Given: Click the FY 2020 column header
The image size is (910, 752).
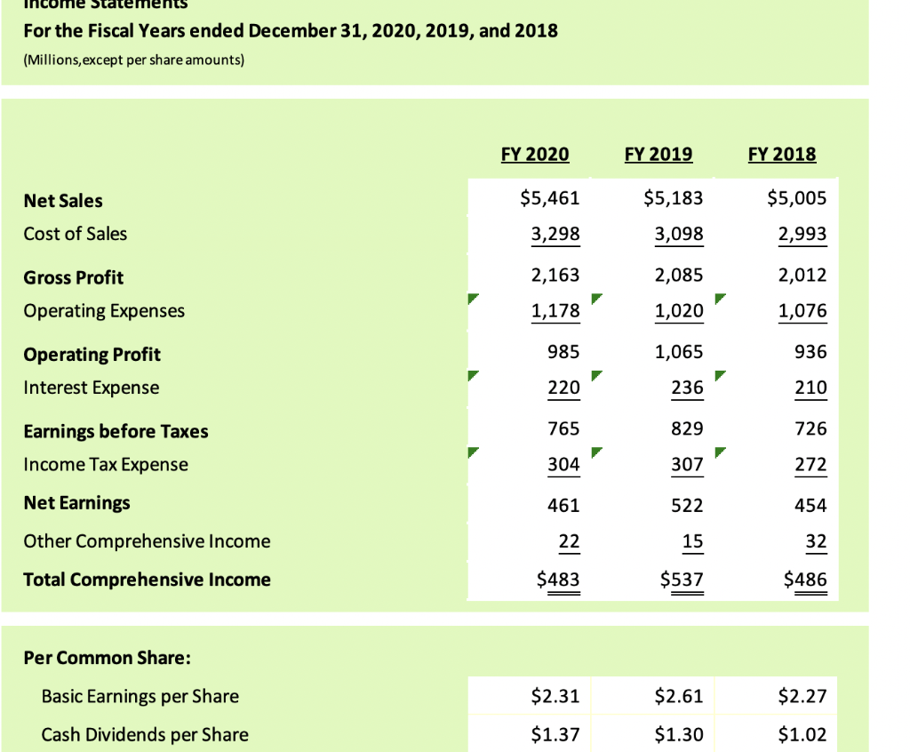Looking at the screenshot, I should [535, 154].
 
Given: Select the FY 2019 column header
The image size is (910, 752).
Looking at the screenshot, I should [659, 154].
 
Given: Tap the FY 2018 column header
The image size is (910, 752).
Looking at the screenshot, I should [782, 154].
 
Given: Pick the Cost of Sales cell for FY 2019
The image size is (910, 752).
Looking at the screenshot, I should [679, 234].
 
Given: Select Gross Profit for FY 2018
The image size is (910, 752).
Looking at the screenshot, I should [802, 275].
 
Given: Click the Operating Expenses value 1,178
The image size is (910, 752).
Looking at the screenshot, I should [555, 311].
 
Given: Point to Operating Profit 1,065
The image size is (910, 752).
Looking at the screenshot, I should [679, 352].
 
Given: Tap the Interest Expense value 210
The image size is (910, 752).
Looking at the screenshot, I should [811, 388].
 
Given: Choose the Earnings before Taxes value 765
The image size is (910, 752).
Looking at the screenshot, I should [563, 428].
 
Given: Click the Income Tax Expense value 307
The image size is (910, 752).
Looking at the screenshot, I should [688, 464].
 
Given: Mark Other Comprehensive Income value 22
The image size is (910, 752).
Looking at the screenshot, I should [569, 541].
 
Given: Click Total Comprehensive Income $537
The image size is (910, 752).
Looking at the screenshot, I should [682, 580].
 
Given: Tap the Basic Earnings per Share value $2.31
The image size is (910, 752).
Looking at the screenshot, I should [555, 696].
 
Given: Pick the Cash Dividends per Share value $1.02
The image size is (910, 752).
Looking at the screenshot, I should [803, 734].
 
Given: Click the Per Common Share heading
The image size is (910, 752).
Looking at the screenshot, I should [108, 659].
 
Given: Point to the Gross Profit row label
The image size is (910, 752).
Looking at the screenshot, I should [74, 277].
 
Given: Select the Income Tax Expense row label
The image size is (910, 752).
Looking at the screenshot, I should [106, 464].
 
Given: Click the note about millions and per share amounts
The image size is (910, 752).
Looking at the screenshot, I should [133, 60].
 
